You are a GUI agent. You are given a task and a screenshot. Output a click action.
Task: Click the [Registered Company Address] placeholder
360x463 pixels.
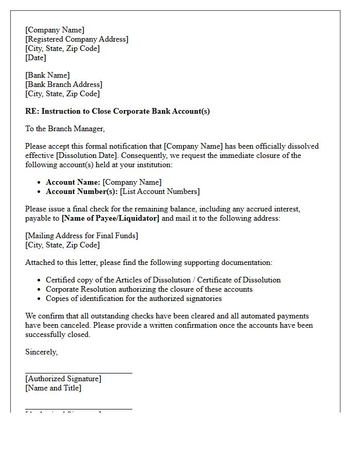tap(77, 39)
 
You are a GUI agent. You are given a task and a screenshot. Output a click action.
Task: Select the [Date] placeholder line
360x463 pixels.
tap(35, 58)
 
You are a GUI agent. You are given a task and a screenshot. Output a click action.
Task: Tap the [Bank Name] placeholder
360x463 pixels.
tap(47, 75)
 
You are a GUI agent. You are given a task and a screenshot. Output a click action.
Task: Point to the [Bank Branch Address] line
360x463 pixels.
tap(64, 84)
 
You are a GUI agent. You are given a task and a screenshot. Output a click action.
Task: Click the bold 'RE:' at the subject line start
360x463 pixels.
tap(32, 111)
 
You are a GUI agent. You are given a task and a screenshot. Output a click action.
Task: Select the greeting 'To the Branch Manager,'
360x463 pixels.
tap(65, 129)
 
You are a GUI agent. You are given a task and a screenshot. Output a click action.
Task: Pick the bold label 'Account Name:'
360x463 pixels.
tap(73, 182)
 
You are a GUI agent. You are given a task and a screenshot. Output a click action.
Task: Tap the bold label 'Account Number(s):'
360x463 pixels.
tap(82, 191)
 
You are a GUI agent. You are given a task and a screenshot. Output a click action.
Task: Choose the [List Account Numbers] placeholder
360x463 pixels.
tap(160, 191)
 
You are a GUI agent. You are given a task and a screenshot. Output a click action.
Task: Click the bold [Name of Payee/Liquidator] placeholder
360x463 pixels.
tap(111, 218)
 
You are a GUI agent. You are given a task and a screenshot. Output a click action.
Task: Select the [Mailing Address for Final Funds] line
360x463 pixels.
tap(82, 236)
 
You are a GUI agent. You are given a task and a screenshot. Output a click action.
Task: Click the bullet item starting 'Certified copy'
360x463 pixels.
tap(163, 280)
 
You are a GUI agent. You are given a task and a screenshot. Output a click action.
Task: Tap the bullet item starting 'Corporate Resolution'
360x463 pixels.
tap(149, 289)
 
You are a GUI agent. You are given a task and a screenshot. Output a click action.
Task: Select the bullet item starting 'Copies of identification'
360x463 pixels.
tap(134, 298)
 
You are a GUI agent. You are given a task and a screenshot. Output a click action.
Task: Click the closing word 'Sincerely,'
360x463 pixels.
tap(42, 352)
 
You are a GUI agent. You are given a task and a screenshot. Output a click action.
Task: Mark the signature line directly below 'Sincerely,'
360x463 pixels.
tap(79, 372)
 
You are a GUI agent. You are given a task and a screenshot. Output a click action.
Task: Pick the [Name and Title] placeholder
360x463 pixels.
tap(53, 388)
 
